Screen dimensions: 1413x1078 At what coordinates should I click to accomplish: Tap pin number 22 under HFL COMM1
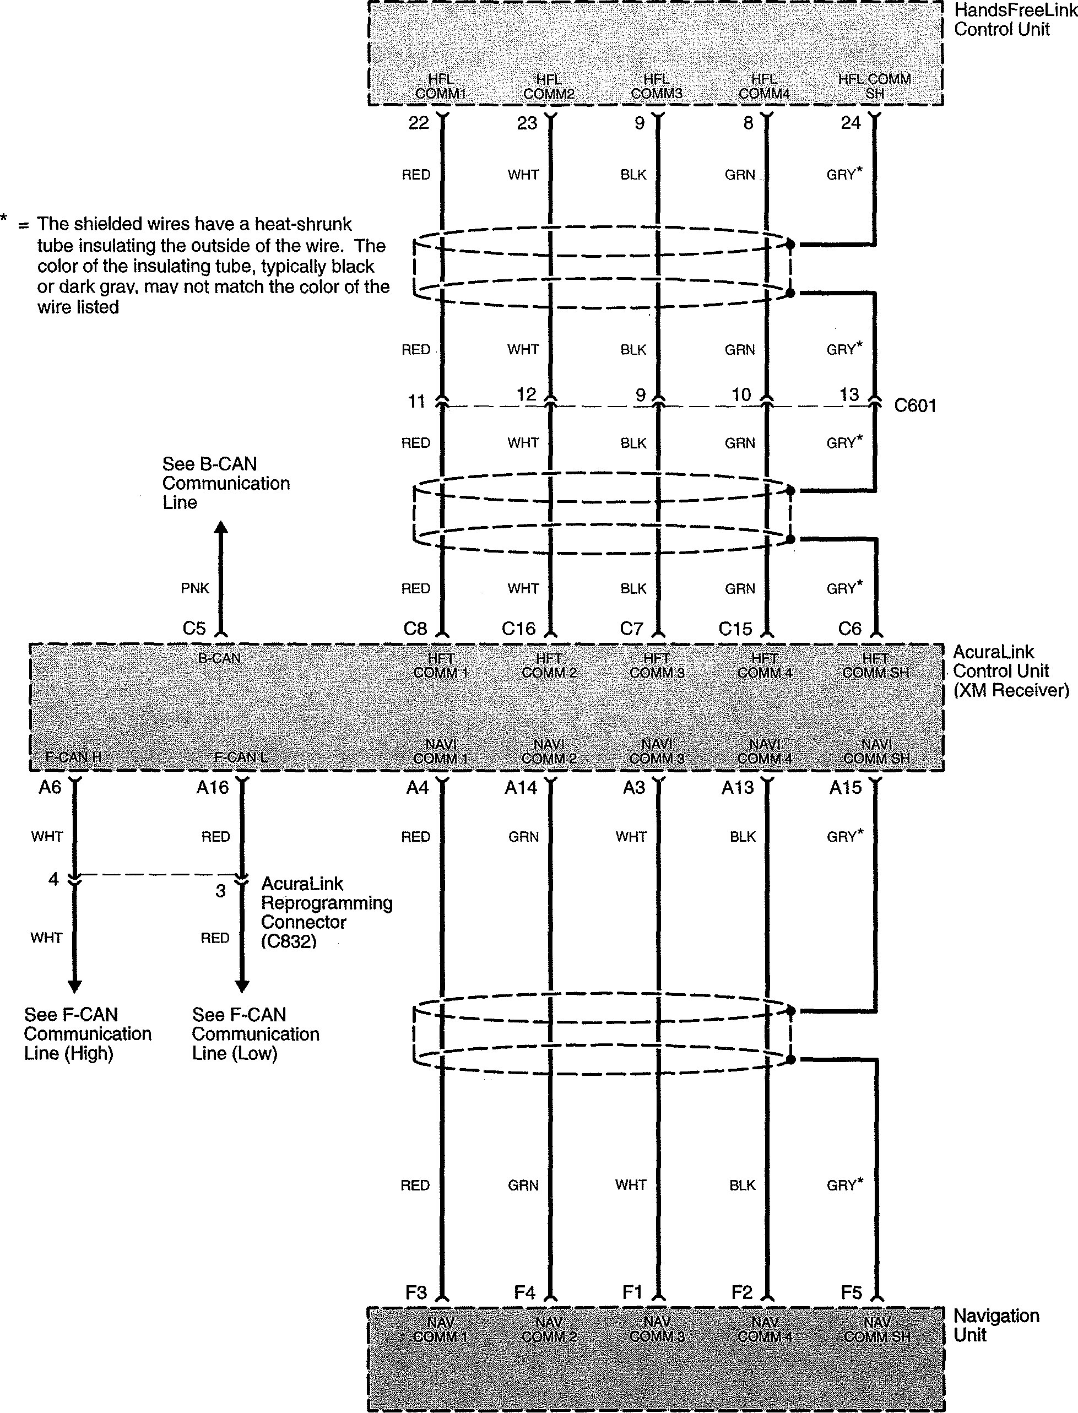(419, 123)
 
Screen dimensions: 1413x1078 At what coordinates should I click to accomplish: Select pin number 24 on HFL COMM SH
(850, 123)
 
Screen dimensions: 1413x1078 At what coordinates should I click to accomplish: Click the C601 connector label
(915, 405)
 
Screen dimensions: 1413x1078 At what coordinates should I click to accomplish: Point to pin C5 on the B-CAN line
(194, 629)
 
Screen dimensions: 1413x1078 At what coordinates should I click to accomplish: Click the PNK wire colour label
(195, 588)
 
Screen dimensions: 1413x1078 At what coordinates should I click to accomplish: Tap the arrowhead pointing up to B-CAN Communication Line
(221, 528)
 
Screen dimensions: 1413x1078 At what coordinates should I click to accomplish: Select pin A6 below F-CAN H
(50, 787)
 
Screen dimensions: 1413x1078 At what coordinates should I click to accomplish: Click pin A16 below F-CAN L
(213, 787)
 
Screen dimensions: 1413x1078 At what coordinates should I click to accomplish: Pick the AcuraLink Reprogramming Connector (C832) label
(326, 912)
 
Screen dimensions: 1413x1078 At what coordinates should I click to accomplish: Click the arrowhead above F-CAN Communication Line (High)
(74, 986)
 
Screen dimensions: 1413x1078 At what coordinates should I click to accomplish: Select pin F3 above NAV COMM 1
(416, 1292)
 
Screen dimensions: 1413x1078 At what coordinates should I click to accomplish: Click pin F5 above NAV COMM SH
(851, 1292)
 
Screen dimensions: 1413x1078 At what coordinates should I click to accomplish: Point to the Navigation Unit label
(995, 1325)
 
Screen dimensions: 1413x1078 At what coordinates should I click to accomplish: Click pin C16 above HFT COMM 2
(518, 629)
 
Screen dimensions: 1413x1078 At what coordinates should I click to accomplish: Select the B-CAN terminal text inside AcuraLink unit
(219, 658)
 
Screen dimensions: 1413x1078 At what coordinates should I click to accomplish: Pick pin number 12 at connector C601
(526, 394)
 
